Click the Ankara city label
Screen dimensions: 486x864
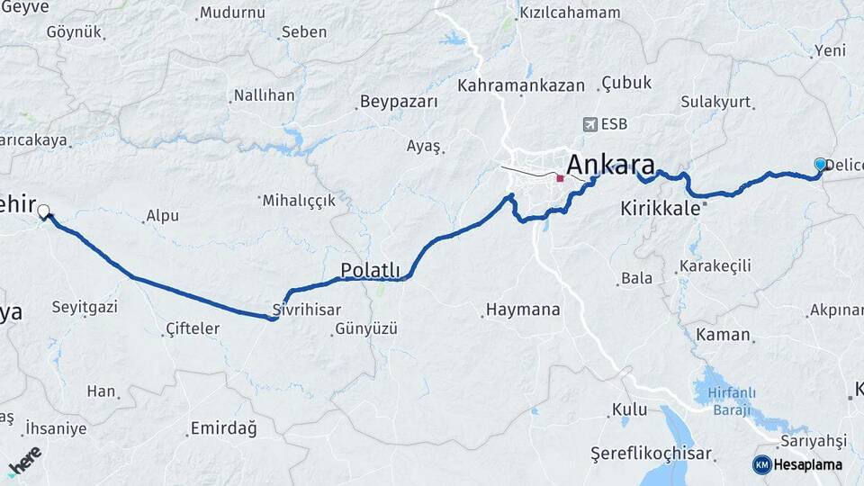pyautogui.click(x=610, y=166)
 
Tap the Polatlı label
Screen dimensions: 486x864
pyautogui.click(x=369, y=269)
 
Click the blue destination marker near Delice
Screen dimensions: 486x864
pyautogui.click(x=820, y=165)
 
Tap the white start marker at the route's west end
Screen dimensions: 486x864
pyautogui.click(x=43, y=211)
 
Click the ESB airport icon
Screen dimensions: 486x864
pyautogui.click(x=589, y=124)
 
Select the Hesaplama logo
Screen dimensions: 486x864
pyautogui.click(x=797, y=464)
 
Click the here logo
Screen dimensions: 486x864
pyautogui.click(x=24, y=461)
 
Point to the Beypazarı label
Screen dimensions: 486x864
pyautogui.click(x=399, y=102)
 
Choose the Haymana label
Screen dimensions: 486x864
pyautogui.click(x=523, y=310)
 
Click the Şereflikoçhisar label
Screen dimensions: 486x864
pyautogui.click(x=651, y=454)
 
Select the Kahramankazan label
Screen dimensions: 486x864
pyautogui.click(x=521, y=85)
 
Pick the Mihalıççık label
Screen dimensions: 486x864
pyautogui.click(x=298, y=201)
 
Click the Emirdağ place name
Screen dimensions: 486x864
pyautogui.click(x=225, y=428)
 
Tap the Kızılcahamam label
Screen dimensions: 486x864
pyautogui.click(x=570, y=13)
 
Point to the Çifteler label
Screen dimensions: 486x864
pyautogui.click(x=193, y=328)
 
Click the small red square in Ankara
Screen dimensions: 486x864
pyautogui.click(x=560, y=178)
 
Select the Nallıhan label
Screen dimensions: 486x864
pyautogui.click(x=264, y=94)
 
